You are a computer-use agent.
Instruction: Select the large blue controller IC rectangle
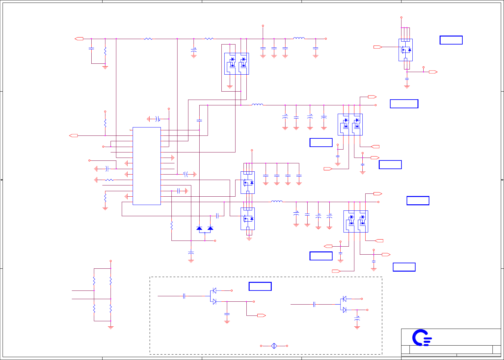(x=146, y=166)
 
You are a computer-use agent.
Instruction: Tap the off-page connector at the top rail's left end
(x=79, y=39)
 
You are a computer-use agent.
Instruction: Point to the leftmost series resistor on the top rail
(x=148, y=39)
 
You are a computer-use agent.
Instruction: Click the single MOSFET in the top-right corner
(x=405, y=50)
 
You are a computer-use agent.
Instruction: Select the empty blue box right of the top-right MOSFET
(x=451, y=40)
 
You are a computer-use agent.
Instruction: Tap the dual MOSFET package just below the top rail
(x=236, y=64)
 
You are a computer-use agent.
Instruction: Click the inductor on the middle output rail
(x=257, y=104)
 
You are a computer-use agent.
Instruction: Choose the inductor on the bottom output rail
(x=277, y=201)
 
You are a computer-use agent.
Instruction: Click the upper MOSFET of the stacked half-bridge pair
(x=248, y=183)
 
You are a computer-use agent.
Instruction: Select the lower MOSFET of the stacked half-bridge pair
(x=248, y=219)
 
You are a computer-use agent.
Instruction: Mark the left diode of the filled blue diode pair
(x=199, y=228)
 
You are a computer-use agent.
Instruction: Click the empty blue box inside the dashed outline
(x=260, y=286)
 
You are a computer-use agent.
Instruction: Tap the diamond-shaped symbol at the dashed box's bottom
(x=274, y=346)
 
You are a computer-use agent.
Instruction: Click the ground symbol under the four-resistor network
(x=111, y=327)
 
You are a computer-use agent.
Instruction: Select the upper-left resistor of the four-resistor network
(x=94, y=281)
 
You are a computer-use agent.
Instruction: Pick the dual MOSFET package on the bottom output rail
(x=356, y=221)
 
